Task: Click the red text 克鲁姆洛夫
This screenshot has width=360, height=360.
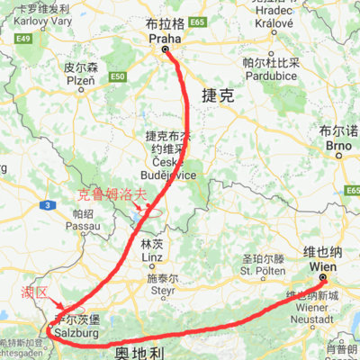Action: point(109,193)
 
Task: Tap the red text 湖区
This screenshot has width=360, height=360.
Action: point(31,292)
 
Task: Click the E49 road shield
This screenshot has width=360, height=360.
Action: point(23,39)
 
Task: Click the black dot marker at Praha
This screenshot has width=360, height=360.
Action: point(166,50)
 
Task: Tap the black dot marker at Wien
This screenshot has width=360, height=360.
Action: point(321,279)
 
